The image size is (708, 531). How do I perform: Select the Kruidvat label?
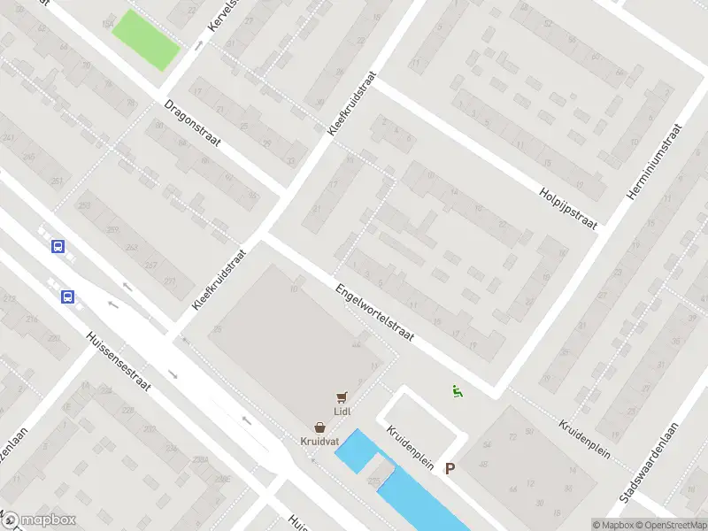(x=319, y=440)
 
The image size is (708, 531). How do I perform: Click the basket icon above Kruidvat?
(x=319, y=427)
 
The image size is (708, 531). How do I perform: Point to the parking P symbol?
(x=450, y=469)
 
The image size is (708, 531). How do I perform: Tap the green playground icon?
(x=457, y=391)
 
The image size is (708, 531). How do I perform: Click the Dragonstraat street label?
(x=193, y=126)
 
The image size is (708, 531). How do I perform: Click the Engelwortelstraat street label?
(x=375, y=316)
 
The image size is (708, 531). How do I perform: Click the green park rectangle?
(x=145, y=40)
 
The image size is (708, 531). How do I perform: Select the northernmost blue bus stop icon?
(x=58, y=247)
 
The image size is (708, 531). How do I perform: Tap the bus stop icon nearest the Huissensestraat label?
(x=67, y=297)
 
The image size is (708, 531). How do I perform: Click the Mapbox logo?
(x=39, y=520)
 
